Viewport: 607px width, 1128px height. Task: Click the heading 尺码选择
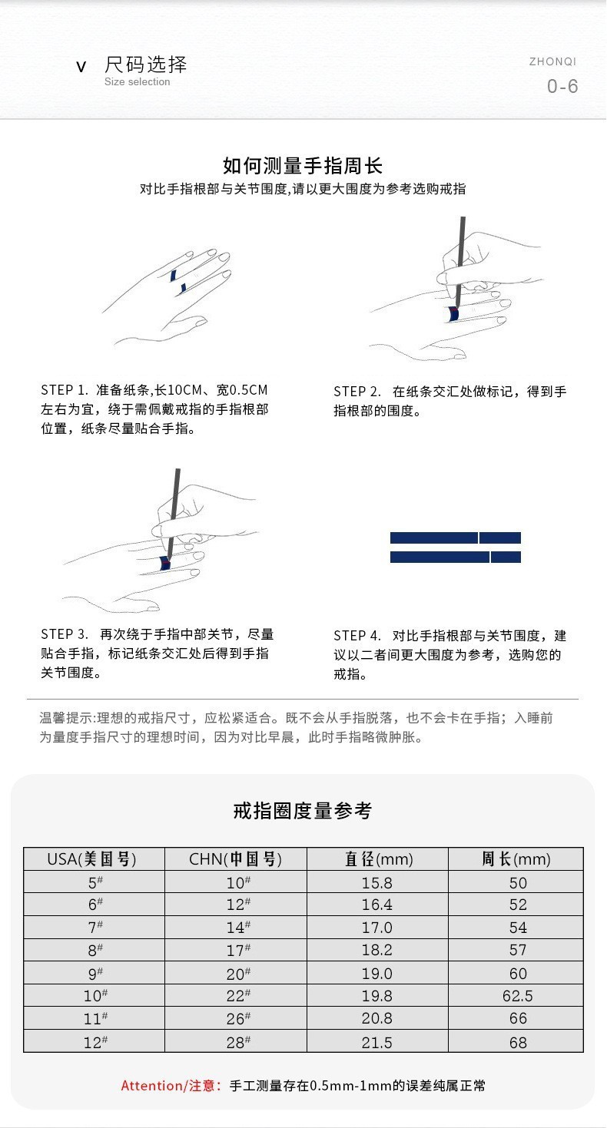coord(146,65)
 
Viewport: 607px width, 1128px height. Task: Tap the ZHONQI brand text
coord(552,62)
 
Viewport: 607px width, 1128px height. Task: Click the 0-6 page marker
coord(562,86)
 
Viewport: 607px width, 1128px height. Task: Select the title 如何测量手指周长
coord(303,166)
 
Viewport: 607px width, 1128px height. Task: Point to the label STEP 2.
coord(357,392)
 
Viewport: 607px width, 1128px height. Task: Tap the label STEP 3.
coord(65,634)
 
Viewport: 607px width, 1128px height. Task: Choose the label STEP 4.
coord(357,637)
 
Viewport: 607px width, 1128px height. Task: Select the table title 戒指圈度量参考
coord(303,811)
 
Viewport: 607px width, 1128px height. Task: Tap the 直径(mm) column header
coord(377,859)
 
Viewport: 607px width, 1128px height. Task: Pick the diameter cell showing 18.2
coord(377,950)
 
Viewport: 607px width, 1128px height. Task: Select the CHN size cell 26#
coord(237,1019)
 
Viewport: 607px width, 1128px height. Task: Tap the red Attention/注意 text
coord(171,1086)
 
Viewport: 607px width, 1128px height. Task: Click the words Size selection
coord(138,82)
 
